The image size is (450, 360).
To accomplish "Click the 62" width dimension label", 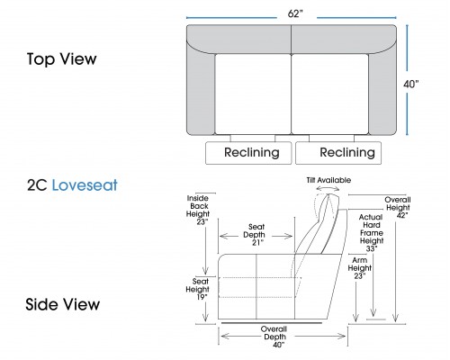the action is (295, 13).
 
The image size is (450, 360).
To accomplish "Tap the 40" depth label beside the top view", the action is (411, 85).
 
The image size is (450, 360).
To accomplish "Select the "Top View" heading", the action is (62, 58).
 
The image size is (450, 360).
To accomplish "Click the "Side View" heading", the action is (63, 304).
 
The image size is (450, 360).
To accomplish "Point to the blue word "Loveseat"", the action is (85, 185).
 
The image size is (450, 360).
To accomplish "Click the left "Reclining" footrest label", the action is (252, 152).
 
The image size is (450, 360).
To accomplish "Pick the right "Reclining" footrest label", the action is (347, 152).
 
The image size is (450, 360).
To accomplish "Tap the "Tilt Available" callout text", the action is (328, 180).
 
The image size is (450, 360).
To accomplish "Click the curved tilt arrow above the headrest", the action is (328, 188).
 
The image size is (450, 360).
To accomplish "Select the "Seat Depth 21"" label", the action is (256, 235).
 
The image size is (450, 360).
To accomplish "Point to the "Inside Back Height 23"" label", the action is (198, 210).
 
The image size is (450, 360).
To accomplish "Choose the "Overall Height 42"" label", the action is (398, 208).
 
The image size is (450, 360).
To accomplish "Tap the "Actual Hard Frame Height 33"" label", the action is (372, 233).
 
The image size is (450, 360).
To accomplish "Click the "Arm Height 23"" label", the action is (359, 268).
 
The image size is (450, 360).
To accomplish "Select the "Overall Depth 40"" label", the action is (274, 337).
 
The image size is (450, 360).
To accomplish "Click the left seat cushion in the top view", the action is (253, 94).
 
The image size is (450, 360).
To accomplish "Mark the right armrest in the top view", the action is (382, 93).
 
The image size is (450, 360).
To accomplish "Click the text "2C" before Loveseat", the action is (37, 185).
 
